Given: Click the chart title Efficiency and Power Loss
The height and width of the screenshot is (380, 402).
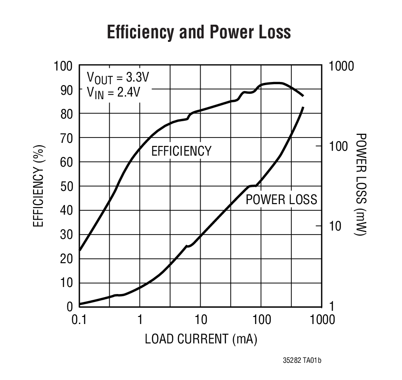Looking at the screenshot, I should point(199,33).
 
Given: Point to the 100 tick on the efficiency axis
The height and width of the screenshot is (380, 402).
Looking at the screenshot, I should point(63,67).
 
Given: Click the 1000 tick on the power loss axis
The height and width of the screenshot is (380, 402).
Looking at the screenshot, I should point(342,67).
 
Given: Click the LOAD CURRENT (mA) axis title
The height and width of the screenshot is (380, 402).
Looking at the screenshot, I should point(201,340).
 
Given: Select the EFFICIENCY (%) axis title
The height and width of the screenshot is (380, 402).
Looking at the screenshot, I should point(39,186).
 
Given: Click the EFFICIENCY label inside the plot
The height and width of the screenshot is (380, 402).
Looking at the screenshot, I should point(181,151).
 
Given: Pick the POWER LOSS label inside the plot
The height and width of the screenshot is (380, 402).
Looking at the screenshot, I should point(281,200).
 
